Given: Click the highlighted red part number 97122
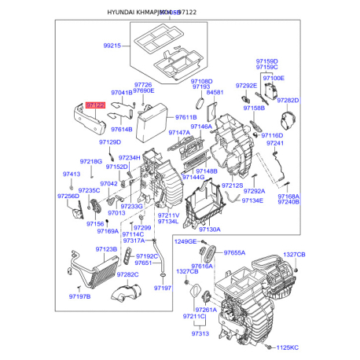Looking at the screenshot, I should [x=95, y=104].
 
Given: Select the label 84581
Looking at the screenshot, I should [x=215, y=93].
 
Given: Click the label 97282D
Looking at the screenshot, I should [x=289, y=101].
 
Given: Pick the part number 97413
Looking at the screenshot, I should [x=72, y=174].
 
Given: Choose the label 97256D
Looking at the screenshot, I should [x=68, y=196].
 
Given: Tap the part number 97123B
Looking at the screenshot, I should [x=106, y=249].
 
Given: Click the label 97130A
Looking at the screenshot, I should [x=209, y=230].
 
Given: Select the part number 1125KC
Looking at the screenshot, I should [x=288, y=346].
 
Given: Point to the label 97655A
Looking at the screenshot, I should [x=234, y=253].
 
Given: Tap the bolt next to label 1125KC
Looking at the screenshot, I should [x=269, y=346].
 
